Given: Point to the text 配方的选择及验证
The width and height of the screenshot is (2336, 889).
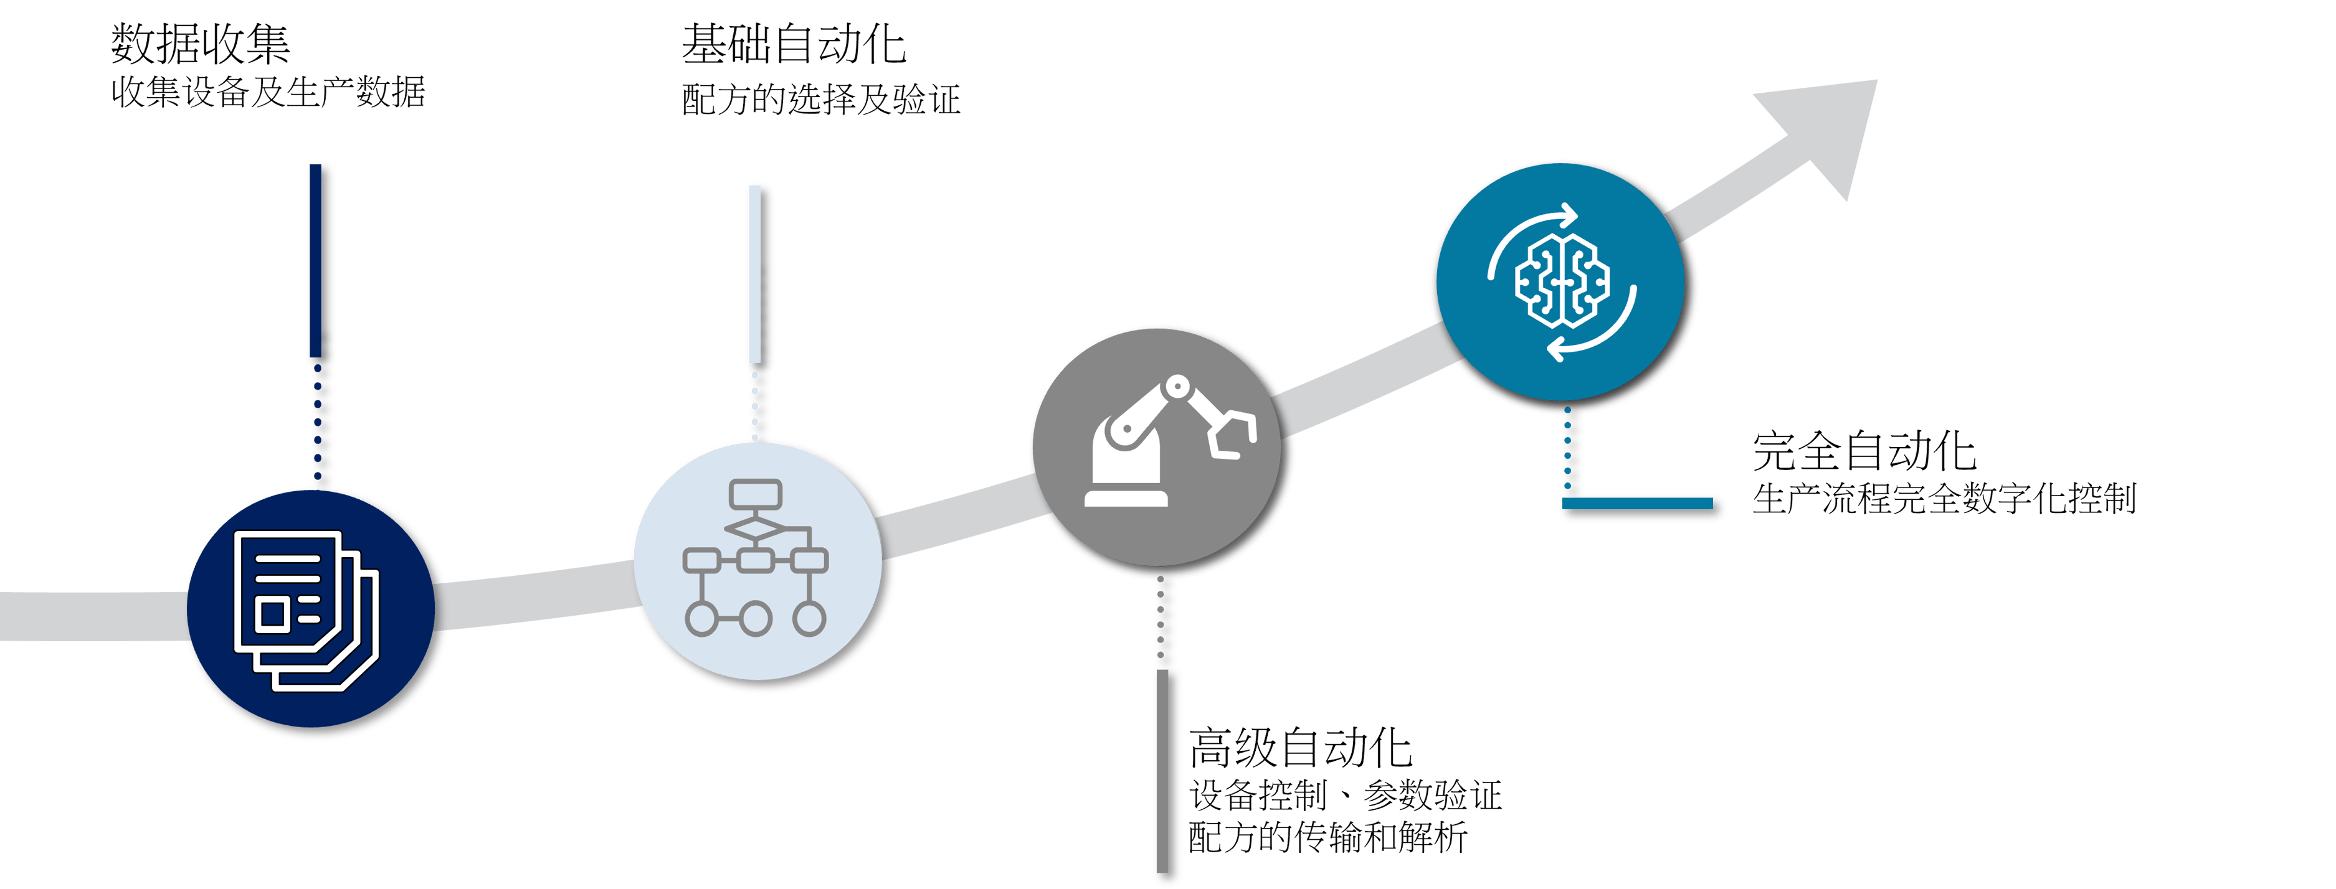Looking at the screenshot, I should [x=820, y=100].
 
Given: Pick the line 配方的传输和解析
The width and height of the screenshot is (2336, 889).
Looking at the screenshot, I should [x=1327, y=837].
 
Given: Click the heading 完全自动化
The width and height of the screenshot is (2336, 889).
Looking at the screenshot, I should [x=1864, y=451].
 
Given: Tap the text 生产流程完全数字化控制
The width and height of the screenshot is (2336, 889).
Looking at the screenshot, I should [x=1944, y=499].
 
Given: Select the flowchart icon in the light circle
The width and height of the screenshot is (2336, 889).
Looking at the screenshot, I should [x=756, y=557].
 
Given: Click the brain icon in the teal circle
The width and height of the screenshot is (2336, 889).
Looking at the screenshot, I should [x=1562, y=281].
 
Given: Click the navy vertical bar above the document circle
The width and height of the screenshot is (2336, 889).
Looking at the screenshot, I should [x=320, y=263].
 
